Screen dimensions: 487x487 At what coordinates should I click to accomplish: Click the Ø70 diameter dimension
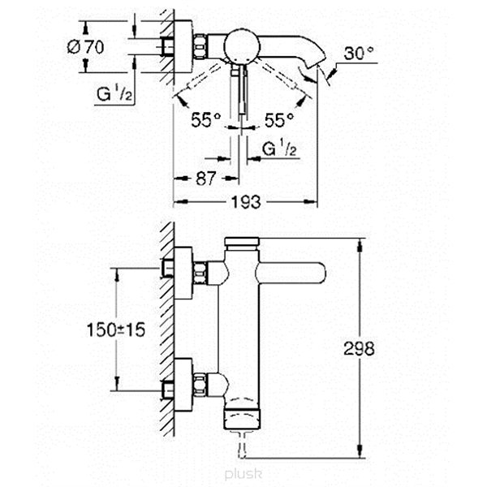tap(86, 47)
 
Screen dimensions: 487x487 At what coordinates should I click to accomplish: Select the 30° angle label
tap(359, 53)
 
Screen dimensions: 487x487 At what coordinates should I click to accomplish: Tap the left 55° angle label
tap(206, 119)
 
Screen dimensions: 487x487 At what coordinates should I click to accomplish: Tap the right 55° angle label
tap(279, 119)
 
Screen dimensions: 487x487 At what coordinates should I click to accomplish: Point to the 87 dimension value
tap(205, 179)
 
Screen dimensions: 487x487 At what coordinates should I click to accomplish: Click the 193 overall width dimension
tap(246, 202)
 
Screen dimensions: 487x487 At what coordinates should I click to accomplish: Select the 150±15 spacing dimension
tap(116, 330)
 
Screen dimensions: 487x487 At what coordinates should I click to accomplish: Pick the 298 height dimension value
tap(359, 348)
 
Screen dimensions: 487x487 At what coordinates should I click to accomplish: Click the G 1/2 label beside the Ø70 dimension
tap(114, 93)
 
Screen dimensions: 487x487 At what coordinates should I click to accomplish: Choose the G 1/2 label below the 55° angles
tap(279, 149)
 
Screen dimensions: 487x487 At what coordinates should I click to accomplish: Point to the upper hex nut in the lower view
tap(200, 273)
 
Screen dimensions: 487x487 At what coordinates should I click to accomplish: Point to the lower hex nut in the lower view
tap(200, 385)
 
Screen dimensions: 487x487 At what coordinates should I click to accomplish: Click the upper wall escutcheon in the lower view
tap(183, 273)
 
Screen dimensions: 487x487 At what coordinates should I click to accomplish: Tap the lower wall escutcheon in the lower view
tap(183, 385)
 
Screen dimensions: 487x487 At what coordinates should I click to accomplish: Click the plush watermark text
tap(243, 474)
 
